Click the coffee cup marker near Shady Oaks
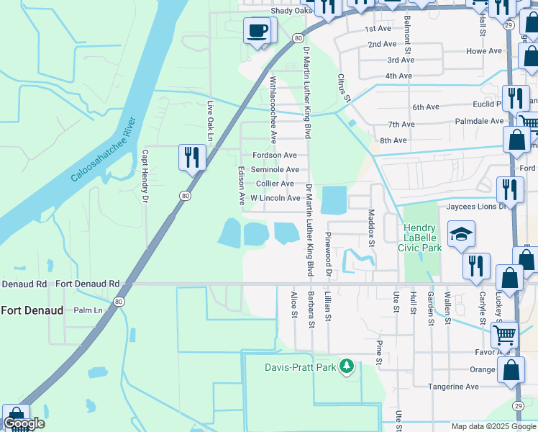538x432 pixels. coord(257,31)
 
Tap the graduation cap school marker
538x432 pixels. coord(460,234)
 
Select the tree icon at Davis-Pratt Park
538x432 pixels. coord(347,366)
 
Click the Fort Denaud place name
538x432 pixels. coord(32,310)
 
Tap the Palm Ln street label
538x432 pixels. coord(89,310)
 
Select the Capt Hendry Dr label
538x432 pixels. coord(145,175)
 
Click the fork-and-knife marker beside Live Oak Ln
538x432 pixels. coord(192,156)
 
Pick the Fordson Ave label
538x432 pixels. coord(274,156)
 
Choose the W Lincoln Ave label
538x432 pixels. coord(275,198)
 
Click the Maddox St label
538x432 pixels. coord(372,228)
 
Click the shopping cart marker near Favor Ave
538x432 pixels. coord(504,335)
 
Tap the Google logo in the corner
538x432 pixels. coord(24,423)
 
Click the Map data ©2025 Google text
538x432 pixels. coord(493,426)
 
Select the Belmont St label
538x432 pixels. coord(407,35)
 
